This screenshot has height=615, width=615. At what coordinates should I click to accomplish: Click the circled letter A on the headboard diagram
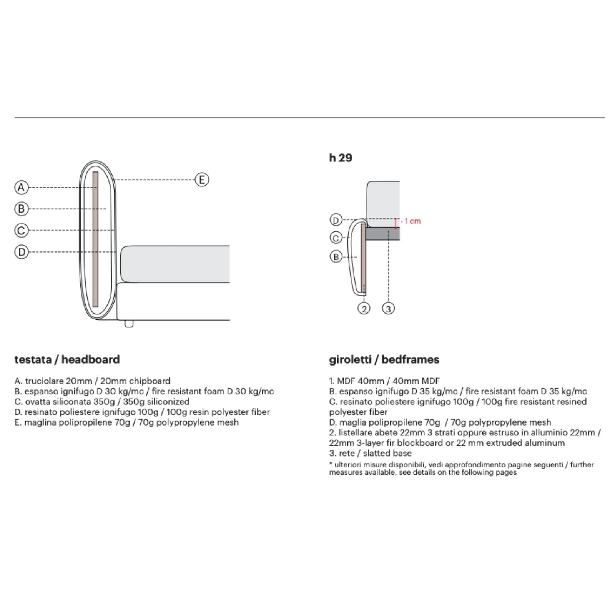tap(22, 188)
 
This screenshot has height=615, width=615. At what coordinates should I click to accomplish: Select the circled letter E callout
tap(202, 180)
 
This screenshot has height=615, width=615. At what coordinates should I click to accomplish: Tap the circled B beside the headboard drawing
tap(22, 209)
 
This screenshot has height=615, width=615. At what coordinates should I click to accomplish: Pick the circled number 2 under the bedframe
tap(364, 308)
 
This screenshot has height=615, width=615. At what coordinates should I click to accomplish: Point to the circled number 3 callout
tap(388, 308)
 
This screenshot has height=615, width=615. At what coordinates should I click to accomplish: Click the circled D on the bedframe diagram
tap(336, 220)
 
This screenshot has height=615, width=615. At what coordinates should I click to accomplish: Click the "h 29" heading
tap(341, 158)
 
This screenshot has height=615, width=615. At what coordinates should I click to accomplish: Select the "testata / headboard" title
tap(67, 359)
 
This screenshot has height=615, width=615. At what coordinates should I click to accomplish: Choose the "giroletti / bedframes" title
tap(384, 359)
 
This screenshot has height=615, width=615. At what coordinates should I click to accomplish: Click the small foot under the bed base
tap(129, 324)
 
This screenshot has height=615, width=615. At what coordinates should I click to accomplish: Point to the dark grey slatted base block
tap(382, 234)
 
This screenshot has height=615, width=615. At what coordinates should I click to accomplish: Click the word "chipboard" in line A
tap(150, 381)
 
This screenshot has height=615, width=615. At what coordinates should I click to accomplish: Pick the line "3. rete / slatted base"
tap(370, 453)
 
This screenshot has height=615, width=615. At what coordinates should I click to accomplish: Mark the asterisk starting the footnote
tap(331, 464)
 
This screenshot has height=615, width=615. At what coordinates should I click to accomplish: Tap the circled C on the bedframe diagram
tap(336, 238)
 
